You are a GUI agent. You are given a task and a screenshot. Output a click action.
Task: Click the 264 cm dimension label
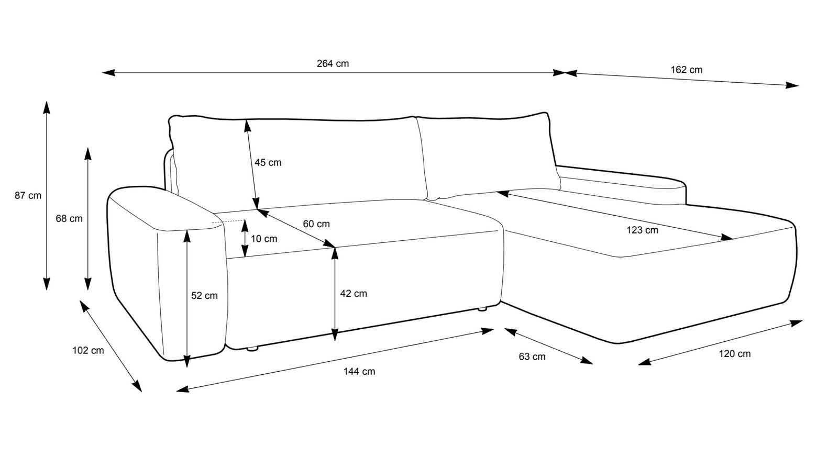(x=333, y=64)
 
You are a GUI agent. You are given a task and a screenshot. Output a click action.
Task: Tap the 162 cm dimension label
(x=686, y=70)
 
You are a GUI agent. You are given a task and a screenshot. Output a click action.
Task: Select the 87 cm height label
(x=28, y=196)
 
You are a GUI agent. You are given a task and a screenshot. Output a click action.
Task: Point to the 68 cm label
(x=69, y=218)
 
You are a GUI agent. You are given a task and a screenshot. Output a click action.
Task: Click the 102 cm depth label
(x=88, y=350)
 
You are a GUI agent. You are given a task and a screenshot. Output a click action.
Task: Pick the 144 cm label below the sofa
(x=359, y=371)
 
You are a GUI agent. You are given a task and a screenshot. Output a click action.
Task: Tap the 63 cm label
(x=532, y=356)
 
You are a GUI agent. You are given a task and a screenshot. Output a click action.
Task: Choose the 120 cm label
(x=734, y=354)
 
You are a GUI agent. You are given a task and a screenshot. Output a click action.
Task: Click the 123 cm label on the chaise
(x=642, y=230)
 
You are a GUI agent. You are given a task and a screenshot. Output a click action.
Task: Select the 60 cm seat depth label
(x=316, y=224)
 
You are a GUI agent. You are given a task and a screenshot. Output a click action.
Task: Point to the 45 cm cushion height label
(x=268, y=162)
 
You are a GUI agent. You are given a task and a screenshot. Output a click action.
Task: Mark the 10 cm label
(x=264, y=239)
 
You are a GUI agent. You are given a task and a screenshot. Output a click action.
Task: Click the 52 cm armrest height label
(x=204, y=295)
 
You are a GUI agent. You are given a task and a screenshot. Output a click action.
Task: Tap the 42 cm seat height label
(x=354, y=293)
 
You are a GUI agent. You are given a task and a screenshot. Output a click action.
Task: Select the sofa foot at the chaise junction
(x=481, y=309)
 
